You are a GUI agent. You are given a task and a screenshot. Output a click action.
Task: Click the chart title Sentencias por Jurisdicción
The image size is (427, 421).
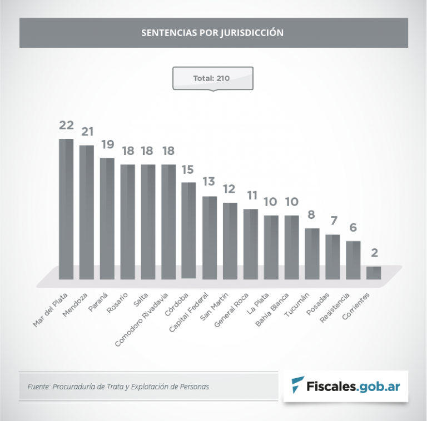pyautogui.click(x=212, y=33)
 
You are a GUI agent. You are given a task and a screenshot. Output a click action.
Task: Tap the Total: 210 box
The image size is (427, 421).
pyautogui.click(x=213, y=78)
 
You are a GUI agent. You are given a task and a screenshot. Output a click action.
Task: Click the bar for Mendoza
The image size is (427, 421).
pyautogui.click(x=87, y=212)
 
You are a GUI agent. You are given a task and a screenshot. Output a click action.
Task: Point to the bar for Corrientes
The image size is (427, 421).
pyautogui.click(x=374, y=272)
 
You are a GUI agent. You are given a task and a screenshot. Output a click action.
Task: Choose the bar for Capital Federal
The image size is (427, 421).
pyautogui.click(x=210, y=237)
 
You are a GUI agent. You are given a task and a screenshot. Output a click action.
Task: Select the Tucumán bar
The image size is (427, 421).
pyautogui.click(x=312, y=253)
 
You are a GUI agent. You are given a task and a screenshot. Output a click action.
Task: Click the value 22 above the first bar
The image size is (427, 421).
pyautogui.click(x=66, y=126)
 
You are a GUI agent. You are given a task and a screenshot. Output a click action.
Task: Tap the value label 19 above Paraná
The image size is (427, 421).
pyautogui.click(x=107, y=144)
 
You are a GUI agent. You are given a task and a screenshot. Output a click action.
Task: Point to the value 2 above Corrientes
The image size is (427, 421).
pyautogui.click(x=374, y=253)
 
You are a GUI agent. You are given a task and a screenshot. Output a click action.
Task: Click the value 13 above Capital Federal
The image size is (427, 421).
pyautogui.click(x=210, y=183)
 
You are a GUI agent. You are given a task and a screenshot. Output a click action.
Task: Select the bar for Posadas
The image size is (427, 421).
pyautogui.click(x=332, y=257)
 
